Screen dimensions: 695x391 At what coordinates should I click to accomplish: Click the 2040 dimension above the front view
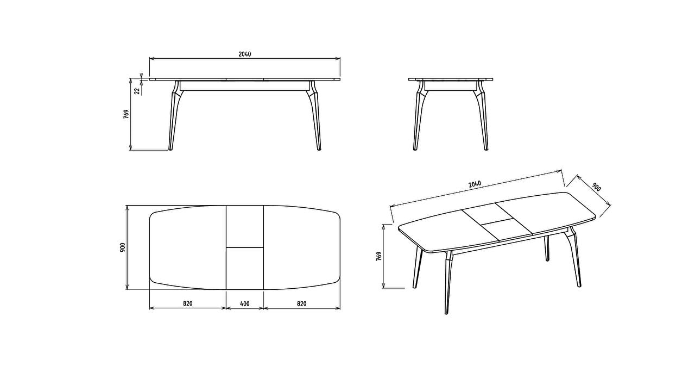click(x=245, y=54)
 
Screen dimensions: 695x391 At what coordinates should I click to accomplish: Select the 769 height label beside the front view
click(x=126, y=114)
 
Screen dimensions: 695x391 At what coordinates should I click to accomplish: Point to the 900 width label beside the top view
click(x=123, y=247)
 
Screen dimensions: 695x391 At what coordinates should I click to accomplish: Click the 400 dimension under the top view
click(x=245, y=303)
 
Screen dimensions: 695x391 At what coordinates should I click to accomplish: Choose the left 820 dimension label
click(x=188, y=303)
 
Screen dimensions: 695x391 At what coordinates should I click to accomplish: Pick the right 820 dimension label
click(x=301, y=303)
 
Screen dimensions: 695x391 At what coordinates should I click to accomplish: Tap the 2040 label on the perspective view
click(x=475, y=184)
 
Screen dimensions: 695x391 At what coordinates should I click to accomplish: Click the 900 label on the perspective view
click(x=596, y=187)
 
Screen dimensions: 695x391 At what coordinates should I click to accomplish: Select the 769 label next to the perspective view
click(x=379, y=256)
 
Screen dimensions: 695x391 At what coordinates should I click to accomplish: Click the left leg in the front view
click(x=174, y=115)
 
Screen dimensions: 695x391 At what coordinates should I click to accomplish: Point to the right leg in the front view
click(x=315, y=115)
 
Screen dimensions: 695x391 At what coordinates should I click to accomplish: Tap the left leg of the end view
click(x=419, y=115)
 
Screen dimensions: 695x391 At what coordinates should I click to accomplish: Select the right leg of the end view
click(x=482, y=115)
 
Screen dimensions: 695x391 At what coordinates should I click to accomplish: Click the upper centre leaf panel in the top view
click(x=245, y=227)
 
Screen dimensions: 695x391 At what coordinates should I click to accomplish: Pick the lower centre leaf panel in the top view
click(x=245, y=269)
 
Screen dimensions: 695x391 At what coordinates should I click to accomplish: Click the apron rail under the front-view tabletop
click(x=245, y=86)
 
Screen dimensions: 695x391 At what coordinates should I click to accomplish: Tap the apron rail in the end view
click(x=450, y=86)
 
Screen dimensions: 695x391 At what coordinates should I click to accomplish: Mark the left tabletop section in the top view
click(x=188, y=247)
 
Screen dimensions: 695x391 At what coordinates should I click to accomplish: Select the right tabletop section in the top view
click(x=302, y=247)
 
